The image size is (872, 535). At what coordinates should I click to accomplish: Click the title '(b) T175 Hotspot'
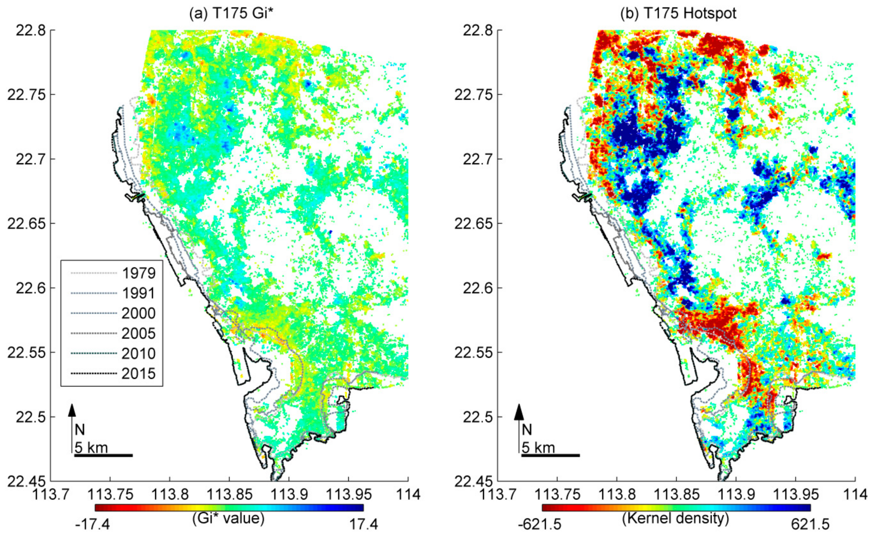pyautogui.click(x=678, y=13)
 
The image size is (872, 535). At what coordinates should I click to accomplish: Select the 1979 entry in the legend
pyautogui.click(x=139, y=273)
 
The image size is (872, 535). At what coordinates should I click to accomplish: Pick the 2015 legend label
pyautogui.click(x=139, y=374)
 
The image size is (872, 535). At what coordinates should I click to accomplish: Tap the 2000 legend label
pyautogui.click(x=139, y=313)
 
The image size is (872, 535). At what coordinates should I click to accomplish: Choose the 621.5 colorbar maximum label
pyautogui.click(x=810, y=524)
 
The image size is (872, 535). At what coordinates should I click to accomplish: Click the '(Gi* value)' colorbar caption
pyautogui.click(x=228, y=518)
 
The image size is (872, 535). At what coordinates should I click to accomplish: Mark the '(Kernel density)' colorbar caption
pyautogui.click(x=676, y=518)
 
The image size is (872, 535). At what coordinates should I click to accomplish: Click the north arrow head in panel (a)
pyautogui.click(x=72, y=410)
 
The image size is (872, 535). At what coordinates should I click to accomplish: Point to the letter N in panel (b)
pyautogui.click(x=527, y=430)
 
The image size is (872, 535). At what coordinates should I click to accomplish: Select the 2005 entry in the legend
pyautogui.click(x=139, y=333)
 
